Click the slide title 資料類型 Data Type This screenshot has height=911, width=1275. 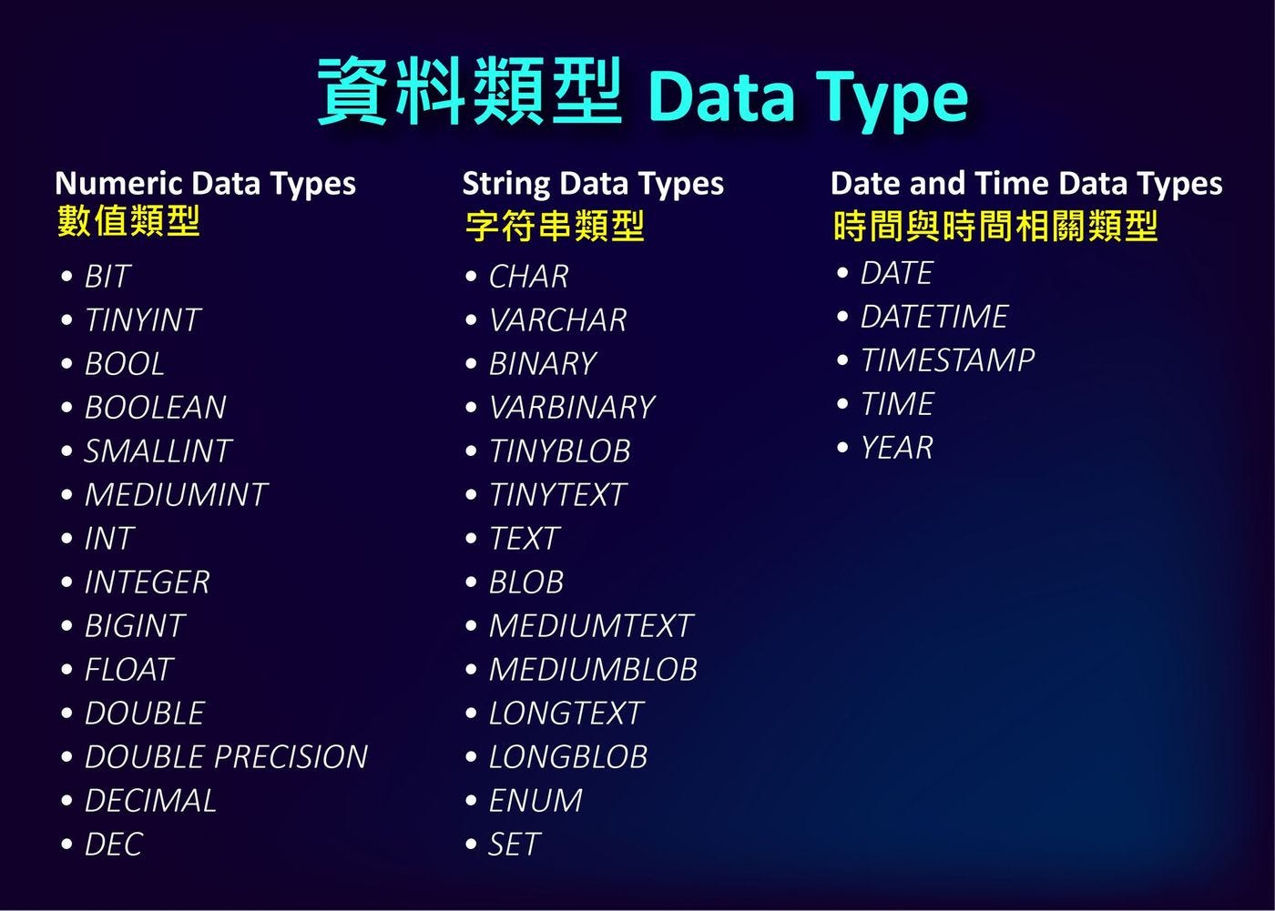pyautogui.click(x=642, y=94)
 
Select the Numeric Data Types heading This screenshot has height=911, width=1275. pyautogui.click(x=205, y=184)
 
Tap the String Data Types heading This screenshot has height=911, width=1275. pyautogui.click(x=593, y=184)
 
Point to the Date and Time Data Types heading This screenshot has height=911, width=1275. pyautogui.click(x=1025, y=184)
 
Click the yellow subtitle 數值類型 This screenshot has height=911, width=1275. pyautogui.click(x=128, y=222)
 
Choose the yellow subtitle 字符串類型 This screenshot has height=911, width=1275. pyautogui.click(x=555, y=226)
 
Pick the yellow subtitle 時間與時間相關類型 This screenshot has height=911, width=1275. pyautogui.click(x=994, y=226)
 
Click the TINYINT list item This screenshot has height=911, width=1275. pyautogui.click(x=142, y=320)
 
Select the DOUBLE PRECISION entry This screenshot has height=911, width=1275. pyautogui.click(x=226, y=757)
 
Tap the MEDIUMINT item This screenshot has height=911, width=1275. pyautogui.click(x=176, y=495)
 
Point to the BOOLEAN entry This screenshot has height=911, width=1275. pyautogui.click(x=155, y=408)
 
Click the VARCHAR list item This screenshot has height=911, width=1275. pyautogui.click(x=557, y=320)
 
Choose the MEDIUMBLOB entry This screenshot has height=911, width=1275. pyautogui.click(x=593, y=670)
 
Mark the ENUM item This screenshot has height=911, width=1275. pyautogui.click(x=535, y=801)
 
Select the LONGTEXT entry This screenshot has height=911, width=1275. pyautogui.click(x=566, y=714)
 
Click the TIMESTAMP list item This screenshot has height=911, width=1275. pyautogui.click(x=947, y=360)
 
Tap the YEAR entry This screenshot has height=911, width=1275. pyautogui.click(x=897, y=448)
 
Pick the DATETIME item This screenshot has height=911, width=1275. pyautogui.click(x=934, y=317)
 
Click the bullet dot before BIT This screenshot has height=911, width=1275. pyautogui.click(x=66, y=277)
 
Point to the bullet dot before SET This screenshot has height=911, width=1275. pyautogui.click(x=471, y=845)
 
